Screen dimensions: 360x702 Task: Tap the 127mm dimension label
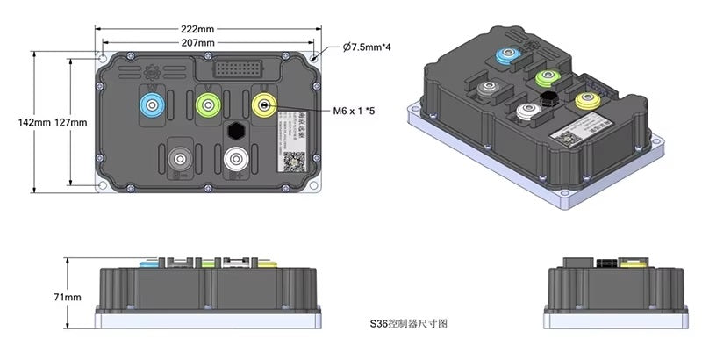point(71,123)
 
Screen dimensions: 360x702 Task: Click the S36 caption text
point(409,324)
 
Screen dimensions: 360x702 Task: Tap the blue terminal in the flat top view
point(154,105)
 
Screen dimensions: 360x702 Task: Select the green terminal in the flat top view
point(209,105)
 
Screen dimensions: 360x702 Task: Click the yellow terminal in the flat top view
point(264,105)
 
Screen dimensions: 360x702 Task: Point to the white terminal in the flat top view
point(236,159)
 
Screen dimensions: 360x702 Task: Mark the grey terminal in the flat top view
point(181,159)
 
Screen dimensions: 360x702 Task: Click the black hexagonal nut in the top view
point(236,131)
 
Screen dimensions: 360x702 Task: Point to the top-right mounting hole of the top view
point(315,60)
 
